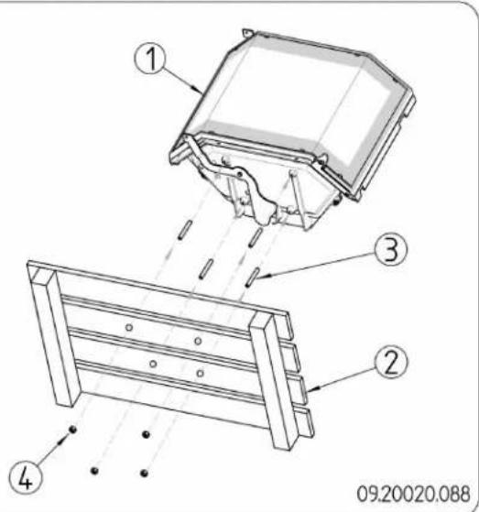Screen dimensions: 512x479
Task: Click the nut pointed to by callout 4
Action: coord(71,430)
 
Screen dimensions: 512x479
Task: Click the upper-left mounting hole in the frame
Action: coord(130,327)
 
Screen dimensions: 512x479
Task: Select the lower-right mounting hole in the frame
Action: coord(199,373)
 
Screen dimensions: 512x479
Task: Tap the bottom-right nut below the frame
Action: coord(145,473)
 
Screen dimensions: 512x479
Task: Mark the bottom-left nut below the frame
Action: coord(93,470)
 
